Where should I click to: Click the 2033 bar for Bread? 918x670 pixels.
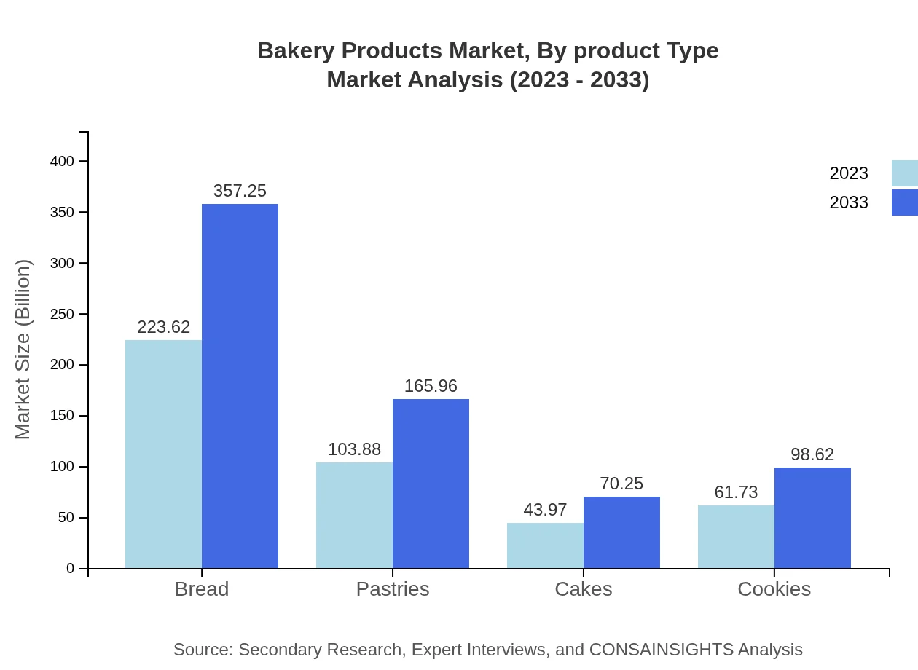pyautogui.click(x=240, y=386)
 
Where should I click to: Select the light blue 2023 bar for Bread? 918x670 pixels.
pyautogui.click(x=163, y=454)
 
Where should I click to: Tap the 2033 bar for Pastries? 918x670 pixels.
pyautogui.click(x=431, y=484)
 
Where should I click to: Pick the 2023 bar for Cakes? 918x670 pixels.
pyautogui.click(x=545, y=545)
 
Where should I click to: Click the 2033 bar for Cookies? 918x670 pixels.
pyautogui.click(x=812, y=518)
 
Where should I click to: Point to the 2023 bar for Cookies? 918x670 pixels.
pyautogui.click(x=736, y=537)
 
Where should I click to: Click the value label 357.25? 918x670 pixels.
pyautogui.click(x=240, y=191)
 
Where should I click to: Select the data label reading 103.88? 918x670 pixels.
pyautogui.click(x=354, y=449)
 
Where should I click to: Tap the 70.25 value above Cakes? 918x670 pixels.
pyautogui.click(x=621, y=484)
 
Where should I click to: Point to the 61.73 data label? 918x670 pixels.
pyautogui.click(x=736, y=492)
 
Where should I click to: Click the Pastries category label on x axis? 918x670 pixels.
pyautogui.click(x=393, y=588)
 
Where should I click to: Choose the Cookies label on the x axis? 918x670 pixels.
pyautogui.click(x=774, y=588)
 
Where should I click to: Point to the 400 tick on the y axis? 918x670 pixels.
pyautogui.click(x=63, y=161)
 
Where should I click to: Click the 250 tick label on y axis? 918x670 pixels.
pyautogui.click(x=63, y=314)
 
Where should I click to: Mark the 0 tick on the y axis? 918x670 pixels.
pyautogui.click(x=71, y=568)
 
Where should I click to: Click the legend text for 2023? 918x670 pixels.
pyautogui.click(x=849, y=173)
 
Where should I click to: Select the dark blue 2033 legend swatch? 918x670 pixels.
pyautogui.click(x=905, y=202)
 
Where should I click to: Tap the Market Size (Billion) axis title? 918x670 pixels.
pyautogui.click(x=23, y=350)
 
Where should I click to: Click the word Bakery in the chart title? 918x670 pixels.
pyautogui.click(x=296, y=51)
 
